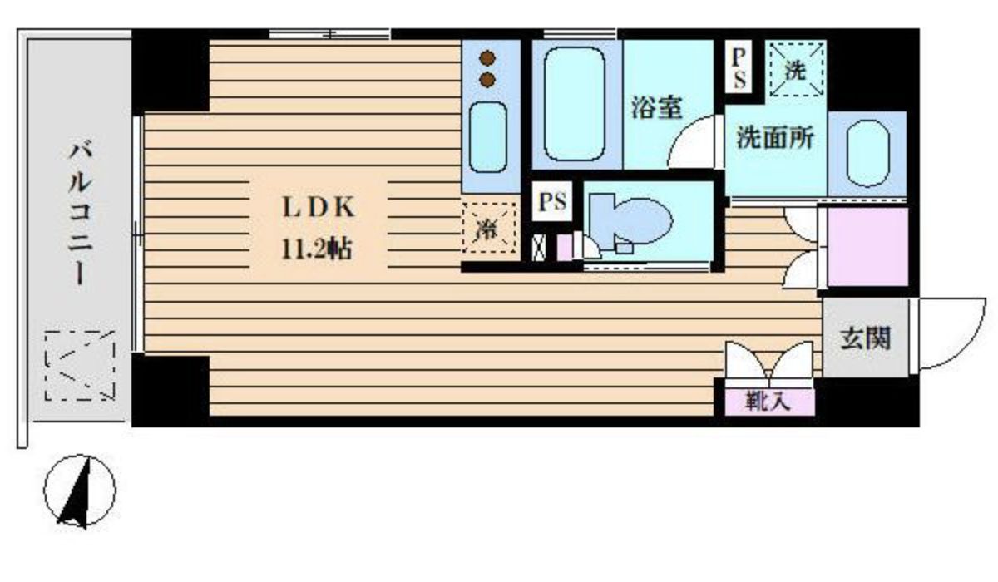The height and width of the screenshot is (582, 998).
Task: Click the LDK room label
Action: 317,208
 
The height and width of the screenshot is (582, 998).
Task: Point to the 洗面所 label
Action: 775,139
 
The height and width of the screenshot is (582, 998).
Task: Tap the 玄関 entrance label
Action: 866,338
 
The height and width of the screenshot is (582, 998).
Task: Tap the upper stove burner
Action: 487,60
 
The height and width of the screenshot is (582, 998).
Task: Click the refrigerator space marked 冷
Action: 489,229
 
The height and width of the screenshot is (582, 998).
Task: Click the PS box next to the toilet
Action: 552,202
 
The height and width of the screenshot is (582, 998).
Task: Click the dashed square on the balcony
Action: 80,366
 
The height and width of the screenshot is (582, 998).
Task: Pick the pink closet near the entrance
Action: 867,247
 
